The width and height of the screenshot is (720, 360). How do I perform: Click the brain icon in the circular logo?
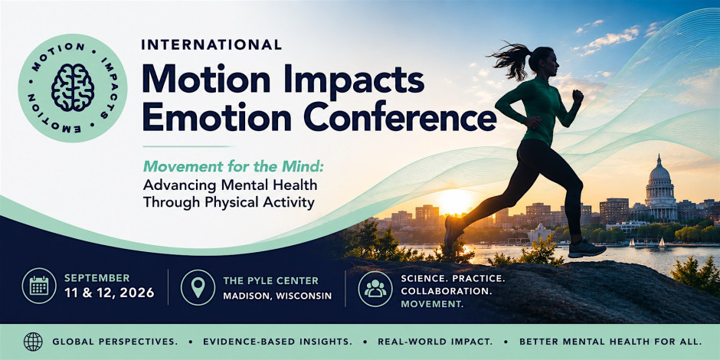tap(73, 87)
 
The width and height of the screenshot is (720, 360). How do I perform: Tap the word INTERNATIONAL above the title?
tap(211, 44)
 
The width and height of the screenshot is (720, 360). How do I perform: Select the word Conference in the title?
tap(400, 117)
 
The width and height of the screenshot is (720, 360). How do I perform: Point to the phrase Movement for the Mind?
tap(234, 166)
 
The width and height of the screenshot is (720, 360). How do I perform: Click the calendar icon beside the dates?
tap(39, 286)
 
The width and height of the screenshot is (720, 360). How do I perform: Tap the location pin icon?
tap(198, 287)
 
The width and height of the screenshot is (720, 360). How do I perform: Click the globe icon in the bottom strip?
tap(33, 342)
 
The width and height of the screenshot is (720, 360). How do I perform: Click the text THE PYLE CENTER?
tap(270, 281)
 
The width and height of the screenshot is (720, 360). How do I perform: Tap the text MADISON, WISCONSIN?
tap(277, 296)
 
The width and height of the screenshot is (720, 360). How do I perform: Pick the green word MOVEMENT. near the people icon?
tap(432, 304)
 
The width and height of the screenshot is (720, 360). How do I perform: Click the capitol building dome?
tap(659, 171)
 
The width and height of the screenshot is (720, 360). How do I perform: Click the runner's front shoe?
tap(587, 249)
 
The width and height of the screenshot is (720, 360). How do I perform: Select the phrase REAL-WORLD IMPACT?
tap(435, 342)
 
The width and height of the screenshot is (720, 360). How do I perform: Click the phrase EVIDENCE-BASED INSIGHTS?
tap(277, 342)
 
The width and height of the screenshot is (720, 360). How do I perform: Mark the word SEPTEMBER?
tap(97, 278)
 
